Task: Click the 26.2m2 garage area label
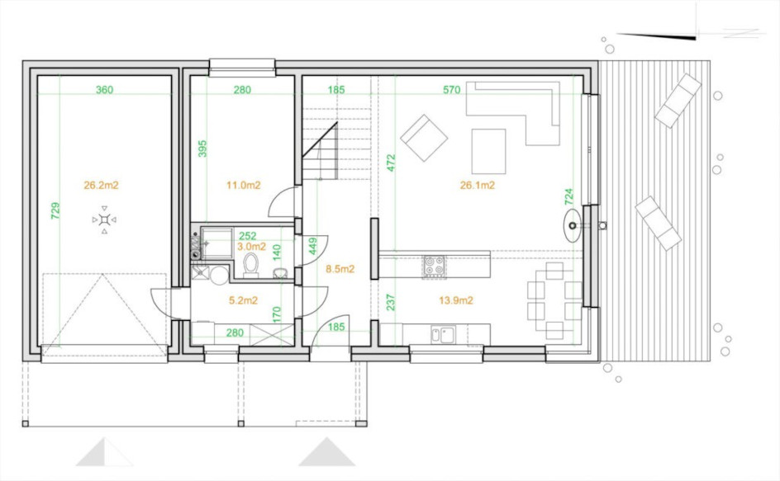pos(101,186)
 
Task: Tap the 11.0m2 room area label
pos(243,186)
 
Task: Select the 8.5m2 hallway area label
pos(340,269)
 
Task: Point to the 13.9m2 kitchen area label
pos(455,300)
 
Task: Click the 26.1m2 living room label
pos(477,186)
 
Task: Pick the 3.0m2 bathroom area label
pos(251,247)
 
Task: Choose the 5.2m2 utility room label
pos(243,300)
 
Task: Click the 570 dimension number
pos(452,90)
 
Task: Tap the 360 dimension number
pos(104,90)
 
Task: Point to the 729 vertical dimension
pos(55,210)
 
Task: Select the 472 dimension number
pos(391,163)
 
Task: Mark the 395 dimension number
pos(202,149)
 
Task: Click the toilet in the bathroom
pos(251,265)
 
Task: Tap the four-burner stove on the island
pos(435,266)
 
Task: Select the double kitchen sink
pos(443,334)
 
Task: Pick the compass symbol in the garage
pos(104,219)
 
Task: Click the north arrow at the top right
pos(657,35)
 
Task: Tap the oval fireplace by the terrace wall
pos(573,225)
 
